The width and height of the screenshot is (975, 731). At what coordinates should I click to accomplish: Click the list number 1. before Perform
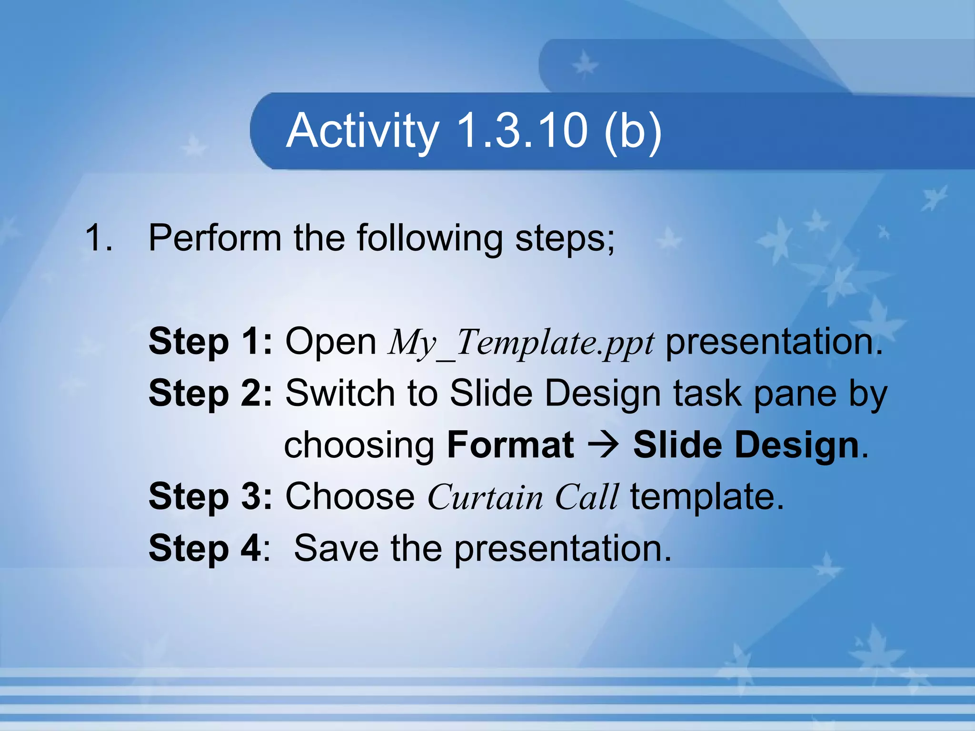pyautogui.click(x=99, y=237)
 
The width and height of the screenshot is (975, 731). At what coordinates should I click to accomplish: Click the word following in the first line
pyautogui.click(x=429, y=238)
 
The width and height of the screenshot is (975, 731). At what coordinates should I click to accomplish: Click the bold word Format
pyautogui.click(x=510, y=445)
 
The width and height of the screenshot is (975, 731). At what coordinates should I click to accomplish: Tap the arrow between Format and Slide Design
pyautogui.click(x=603, y=445)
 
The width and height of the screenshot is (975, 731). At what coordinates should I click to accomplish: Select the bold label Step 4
pyautogui.click(x=205, y=548)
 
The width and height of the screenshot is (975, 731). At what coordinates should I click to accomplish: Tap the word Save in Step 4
pyautogui.click(x=336, y=548)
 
